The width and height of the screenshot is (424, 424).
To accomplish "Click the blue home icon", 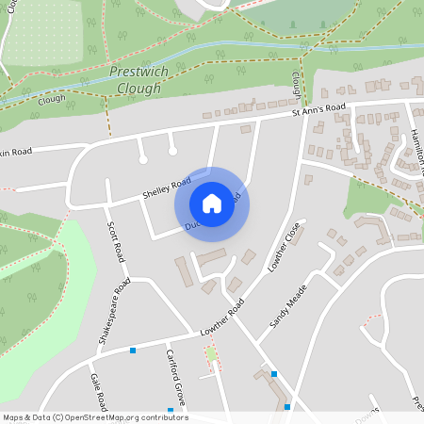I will [212, 204].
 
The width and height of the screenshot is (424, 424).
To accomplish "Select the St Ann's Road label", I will [318, 110].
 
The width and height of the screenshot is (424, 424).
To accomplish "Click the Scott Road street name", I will [115, 241].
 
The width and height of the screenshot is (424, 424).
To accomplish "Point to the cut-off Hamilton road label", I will [415, 155].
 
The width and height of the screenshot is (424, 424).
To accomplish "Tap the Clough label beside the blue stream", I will [54, 98].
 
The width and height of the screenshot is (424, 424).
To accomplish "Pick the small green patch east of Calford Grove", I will [211, 355].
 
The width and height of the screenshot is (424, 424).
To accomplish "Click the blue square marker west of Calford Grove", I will [133, 351].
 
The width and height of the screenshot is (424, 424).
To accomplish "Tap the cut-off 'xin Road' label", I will [16, 152].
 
